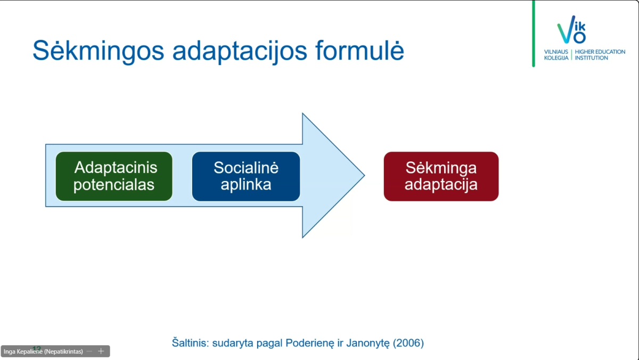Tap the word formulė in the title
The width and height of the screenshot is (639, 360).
360,50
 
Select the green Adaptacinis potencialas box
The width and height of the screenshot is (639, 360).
114,176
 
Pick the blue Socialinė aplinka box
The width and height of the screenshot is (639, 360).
246,176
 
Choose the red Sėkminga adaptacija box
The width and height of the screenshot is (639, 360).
441,176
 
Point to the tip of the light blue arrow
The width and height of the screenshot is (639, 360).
365,175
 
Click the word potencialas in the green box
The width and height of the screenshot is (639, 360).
114,185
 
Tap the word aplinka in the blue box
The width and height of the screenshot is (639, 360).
246,185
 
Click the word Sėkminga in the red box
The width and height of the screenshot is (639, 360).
441,168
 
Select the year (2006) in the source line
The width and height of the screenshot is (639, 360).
408,343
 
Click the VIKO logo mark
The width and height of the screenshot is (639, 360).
571,30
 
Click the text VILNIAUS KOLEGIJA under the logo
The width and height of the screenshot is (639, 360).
556,55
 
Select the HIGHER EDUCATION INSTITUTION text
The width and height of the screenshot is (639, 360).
600,55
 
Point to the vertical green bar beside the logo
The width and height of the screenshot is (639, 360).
534,34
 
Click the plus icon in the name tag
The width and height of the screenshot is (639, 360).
101,351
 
